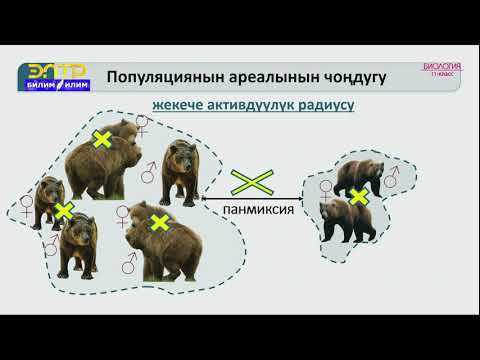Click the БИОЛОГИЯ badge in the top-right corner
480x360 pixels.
pyautogui.click(x=442, y=71)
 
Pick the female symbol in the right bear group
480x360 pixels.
pyautogui.click(x=326, y=186)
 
